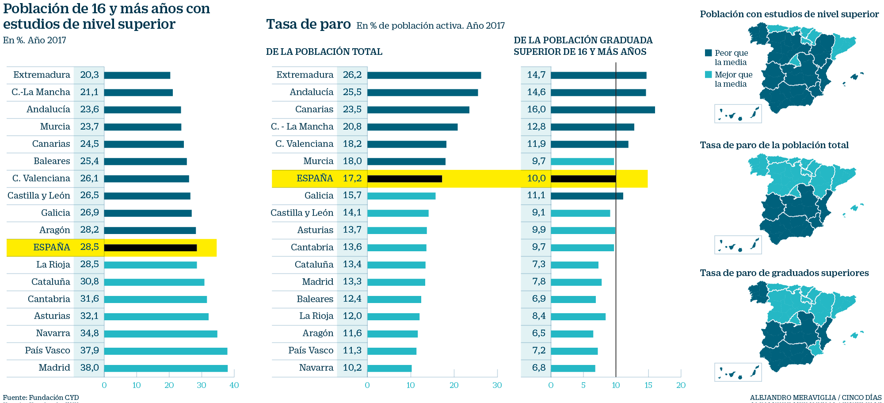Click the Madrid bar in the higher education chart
pos(166,368)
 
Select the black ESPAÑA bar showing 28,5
pos(150,248)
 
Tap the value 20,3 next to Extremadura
pos(89,75)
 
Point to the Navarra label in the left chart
pos(53,333)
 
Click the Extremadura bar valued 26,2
pos(424,75)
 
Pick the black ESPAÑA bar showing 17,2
pos(404,179)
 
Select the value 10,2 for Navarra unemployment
pos(352,368)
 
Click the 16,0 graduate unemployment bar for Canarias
pos(603,110)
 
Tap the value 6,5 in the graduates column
pos(539,333)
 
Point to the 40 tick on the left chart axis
pos(234,385)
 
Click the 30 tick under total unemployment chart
pos(497,385)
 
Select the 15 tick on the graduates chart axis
pos(648,385)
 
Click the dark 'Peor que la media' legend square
pos(709,53)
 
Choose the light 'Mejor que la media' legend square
pos(709,74)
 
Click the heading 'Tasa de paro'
pos(308,24)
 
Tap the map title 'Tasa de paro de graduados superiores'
pos(784,273)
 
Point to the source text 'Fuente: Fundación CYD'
pos(41,398)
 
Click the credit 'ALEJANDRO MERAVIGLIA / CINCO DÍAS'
pos(815,398)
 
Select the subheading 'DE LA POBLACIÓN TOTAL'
pos(324,52)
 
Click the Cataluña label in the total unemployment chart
pos(314,265)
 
